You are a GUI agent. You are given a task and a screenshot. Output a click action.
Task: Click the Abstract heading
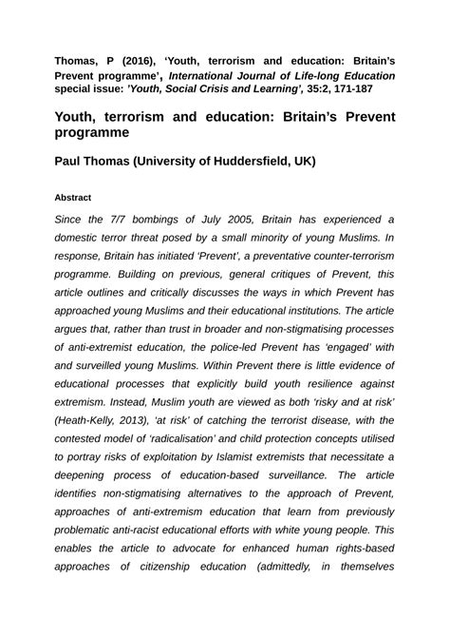click(72, 197)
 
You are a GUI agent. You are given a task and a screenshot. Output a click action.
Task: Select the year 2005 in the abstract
click(240, 218)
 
